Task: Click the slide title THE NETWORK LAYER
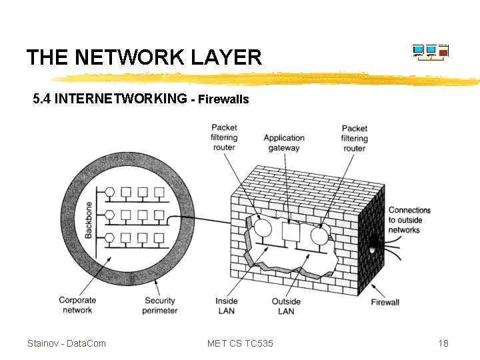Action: [144, 57]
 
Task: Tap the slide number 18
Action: [443, 343]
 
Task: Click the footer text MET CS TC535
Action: [240, 343]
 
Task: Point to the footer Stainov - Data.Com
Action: [66, 343]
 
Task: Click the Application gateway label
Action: [284, 143]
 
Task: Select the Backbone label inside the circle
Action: [89, 219]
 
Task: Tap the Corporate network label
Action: [77, 305]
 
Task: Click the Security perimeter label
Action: [161, 305]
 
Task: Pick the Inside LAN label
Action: [227, 305]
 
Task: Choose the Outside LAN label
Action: [286, 305]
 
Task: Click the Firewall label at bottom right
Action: [385, 302]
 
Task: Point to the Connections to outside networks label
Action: [409, 220]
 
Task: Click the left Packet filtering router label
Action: [224, 137]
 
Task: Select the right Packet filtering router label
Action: [354, 138]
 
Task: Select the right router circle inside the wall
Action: [318, 234]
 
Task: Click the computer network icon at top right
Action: [431, 52]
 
